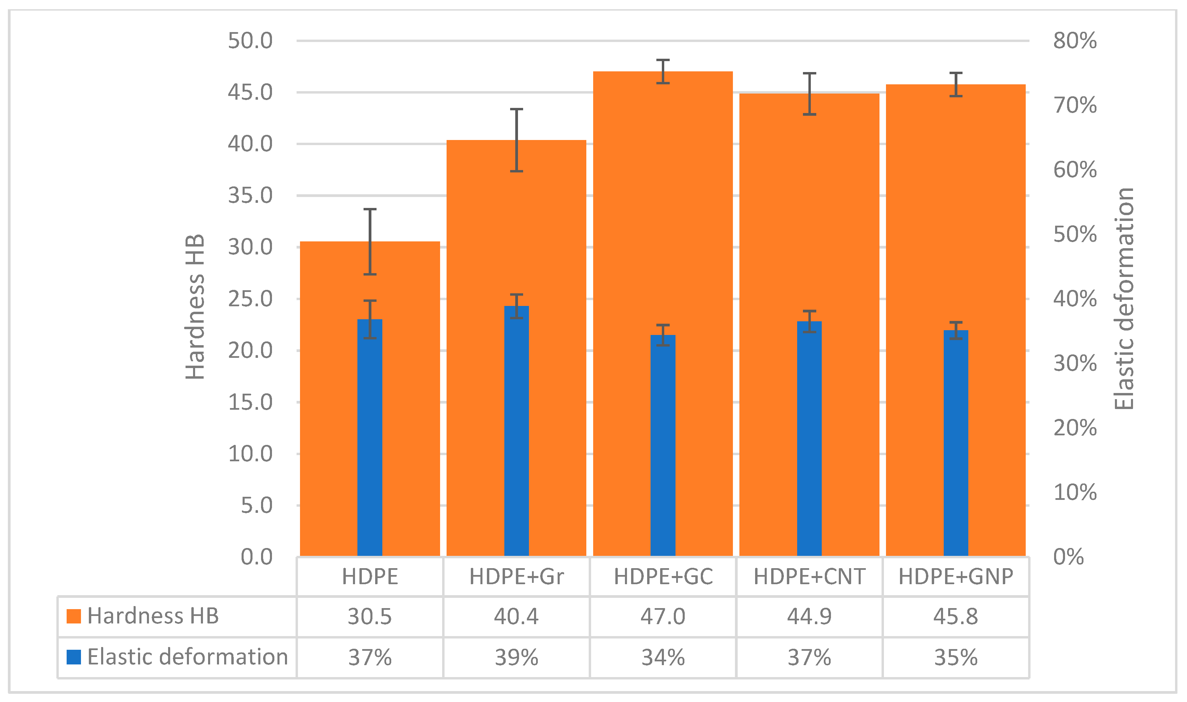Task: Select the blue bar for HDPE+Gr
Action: [x=516, y=431]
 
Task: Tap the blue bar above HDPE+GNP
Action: [x=956, y=442]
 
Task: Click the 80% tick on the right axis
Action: [x=1075, y=41]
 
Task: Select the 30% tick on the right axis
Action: [x=1075, y=364]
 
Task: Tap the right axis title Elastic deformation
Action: [x=1124, y=299]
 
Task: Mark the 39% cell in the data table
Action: [x=516, y=658]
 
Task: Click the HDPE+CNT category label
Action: [x=809, y=577]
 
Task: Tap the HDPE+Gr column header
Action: [x=516, y=577]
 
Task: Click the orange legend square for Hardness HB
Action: [x=74, y=616]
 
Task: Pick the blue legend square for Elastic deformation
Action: [x=74, y=657]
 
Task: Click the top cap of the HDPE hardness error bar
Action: [x=370, y=209]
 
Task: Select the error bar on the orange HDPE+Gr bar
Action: [x=516, y=140]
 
